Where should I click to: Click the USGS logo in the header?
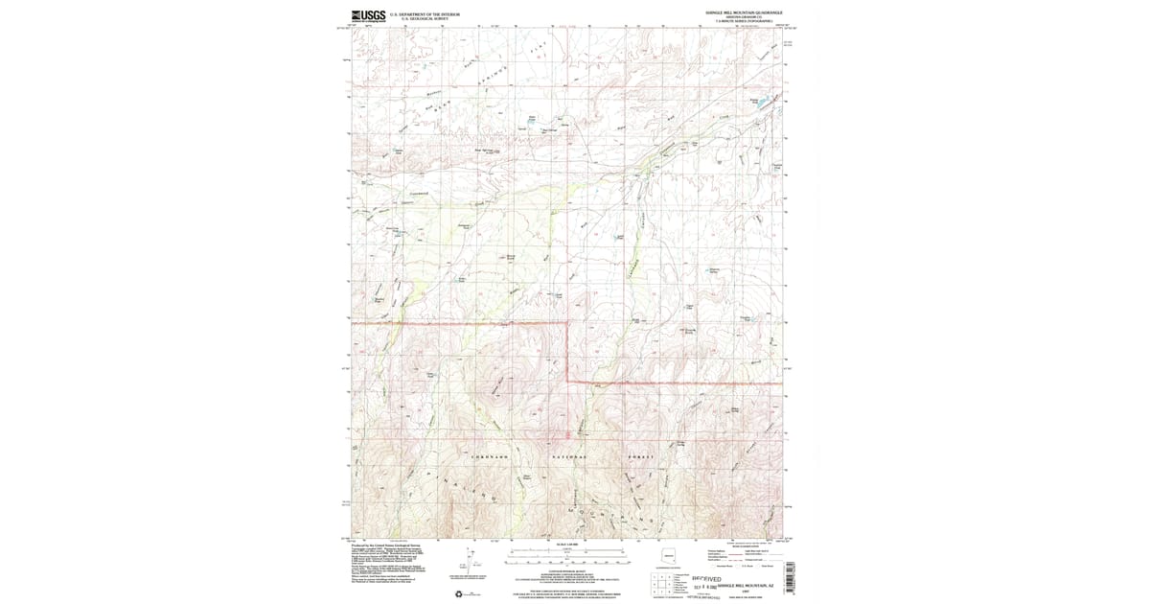pos(369,15)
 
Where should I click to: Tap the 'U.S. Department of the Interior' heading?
pos(425,14)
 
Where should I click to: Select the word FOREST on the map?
pos(641,457)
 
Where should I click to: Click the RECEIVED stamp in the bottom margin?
pos(705,578)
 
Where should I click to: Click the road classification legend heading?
pos(747,545)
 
